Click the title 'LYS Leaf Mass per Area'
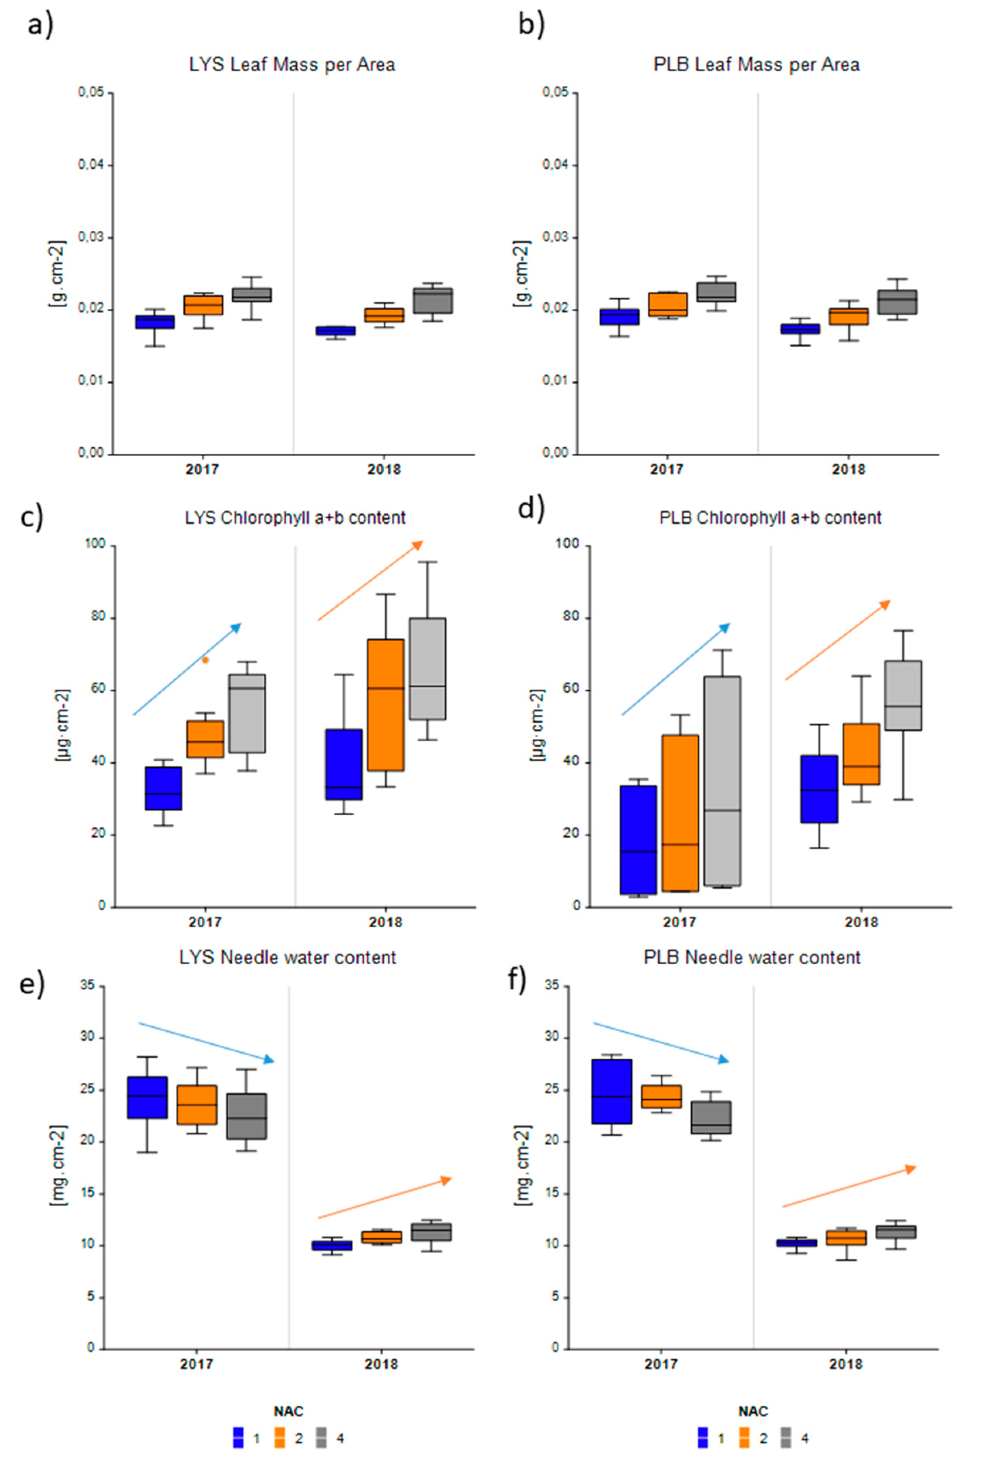[x=292, y=65]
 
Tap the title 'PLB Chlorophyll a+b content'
[x=770, y=518]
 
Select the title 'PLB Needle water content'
[x=752, y=957]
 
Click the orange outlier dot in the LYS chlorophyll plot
[x=205, y=660]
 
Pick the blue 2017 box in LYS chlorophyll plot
[x=163, y=788]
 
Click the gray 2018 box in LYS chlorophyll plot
[x=427, y=668]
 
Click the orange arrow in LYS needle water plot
[x=384, y=1199]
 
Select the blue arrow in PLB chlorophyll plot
[x=676, y=669]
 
